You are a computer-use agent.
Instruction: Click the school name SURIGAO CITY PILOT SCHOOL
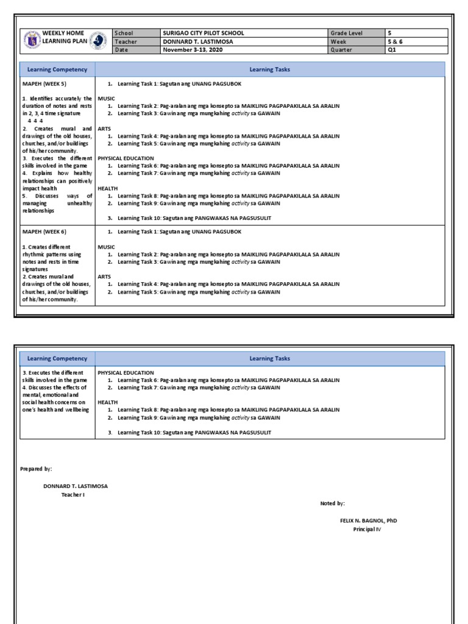202,33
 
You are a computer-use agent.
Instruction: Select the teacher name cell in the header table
197,41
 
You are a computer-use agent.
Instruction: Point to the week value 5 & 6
395,41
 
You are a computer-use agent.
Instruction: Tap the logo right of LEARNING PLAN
98,41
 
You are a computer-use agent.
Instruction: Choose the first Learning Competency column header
57,69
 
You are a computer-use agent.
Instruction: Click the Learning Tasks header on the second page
269,359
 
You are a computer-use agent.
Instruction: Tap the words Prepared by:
36,469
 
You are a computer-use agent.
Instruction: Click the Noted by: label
333,503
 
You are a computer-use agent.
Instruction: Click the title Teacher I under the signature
76,495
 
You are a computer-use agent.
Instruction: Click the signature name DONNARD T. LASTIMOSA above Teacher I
76,486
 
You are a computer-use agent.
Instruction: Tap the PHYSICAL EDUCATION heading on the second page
126,373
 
